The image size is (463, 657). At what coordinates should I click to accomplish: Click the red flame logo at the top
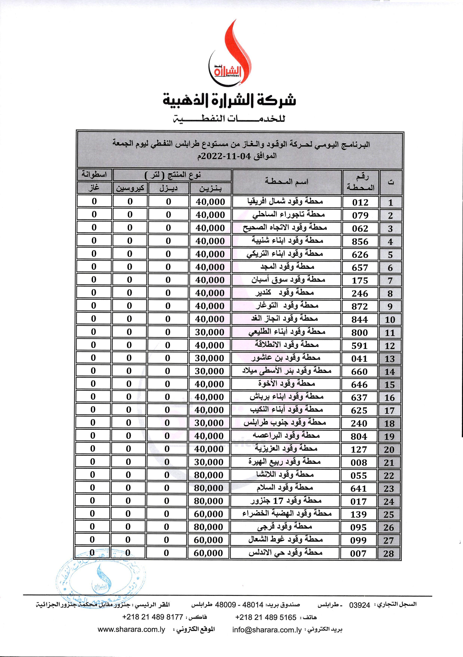click(229, 54)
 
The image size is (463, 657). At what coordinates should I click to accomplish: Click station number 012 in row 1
click(360, 202)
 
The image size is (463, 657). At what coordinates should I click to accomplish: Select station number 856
click(360, 241)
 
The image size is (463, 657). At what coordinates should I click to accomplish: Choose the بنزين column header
click(210, 188)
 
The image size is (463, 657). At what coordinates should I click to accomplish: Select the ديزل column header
click(168, 188)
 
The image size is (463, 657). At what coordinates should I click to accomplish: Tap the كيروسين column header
click(130, 188)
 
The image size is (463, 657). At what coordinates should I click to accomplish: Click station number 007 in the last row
click(358, 553)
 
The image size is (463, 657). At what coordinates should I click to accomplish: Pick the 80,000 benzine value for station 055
click(209, 475)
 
